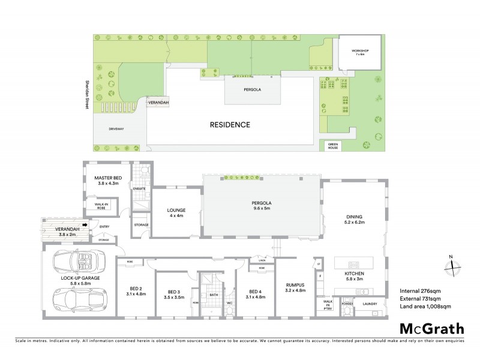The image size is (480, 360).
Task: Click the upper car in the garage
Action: (78, 262)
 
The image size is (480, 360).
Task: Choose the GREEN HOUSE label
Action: (332, 146)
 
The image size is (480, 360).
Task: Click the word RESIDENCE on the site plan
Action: (230, 125)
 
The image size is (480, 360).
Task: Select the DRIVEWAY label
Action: (116, 129)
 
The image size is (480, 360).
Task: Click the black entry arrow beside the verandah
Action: (86, 226)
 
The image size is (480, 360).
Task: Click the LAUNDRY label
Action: (370, 304)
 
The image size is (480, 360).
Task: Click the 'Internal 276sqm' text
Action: (419, 291)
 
